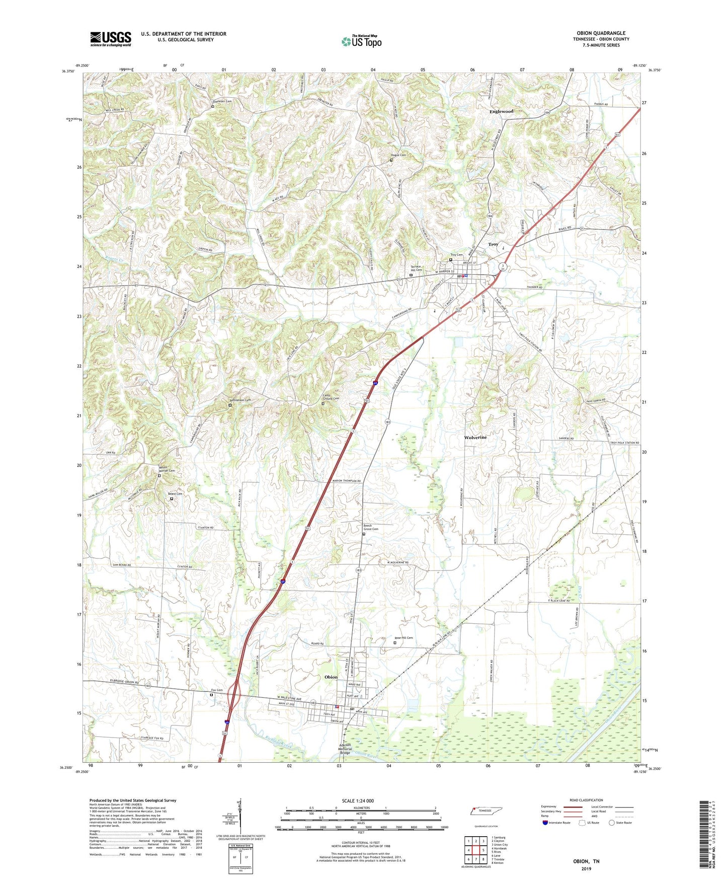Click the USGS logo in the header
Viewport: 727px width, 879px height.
coord(110,39)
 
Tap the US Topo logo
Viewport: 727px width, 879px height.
coord(361,41)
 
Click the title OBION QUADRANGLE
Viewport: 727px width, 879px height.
coord(601,33)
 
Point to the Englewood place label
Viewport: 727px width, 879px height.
coord(501,111)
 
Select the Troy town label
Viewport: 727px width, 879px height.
coord(493,244)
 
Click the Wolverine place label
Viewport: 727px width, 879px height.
coord(475,437)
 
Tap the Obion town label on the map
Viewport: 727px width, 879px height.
coord(331,677)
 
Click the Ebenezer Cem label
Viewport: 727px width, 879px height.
coord(221,101)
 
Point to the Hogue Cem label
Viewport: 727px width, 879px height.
coord(398,155)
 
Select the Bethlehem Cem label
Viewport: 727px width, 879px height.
coord(240,400)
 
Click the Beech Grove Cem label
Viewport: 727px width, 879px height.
coord(371,528)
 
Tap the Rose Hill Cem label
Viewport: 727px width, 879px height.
coord(403,638)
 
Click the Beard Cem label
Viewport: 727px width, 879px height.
coord(175,494)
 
